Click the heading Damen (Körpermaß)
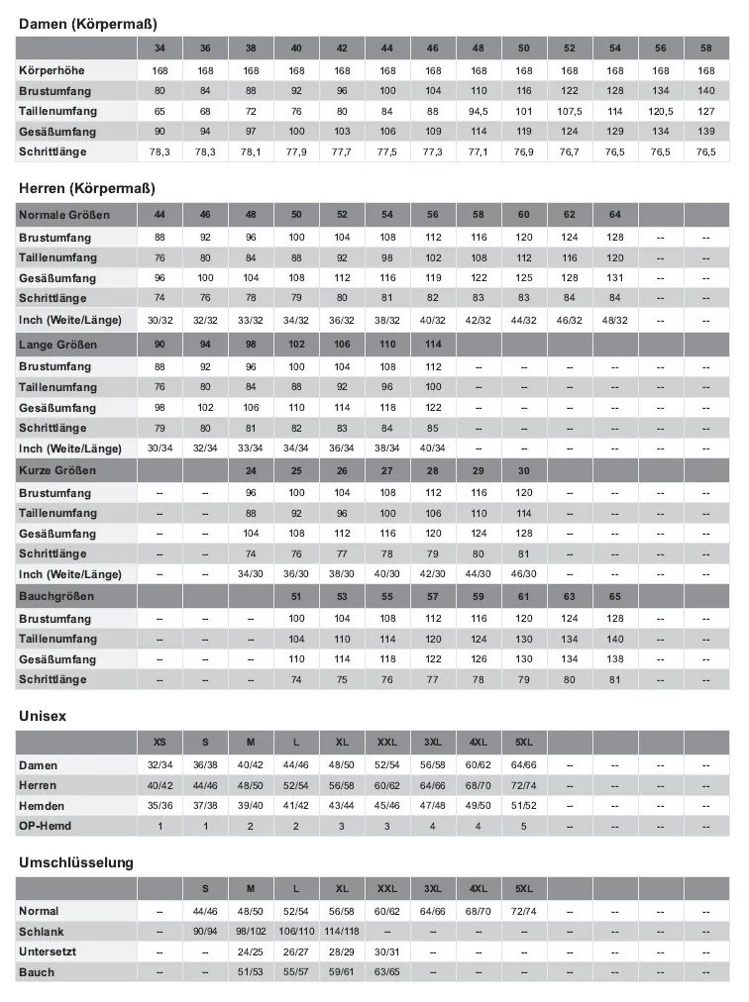tap(87, 23)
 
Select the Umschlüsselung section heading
tap(75, 862)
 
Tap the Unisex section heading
tap(43, 716)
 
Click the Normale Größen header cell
tap(64, 215)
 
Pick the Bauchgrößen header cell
tap(54, 596)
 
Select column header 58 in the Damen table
tap(705, 49)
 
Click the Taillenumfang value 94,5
tap(479, 111)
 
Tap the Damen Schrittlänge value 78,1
tap(251, 151)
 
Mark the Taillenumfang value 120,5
tap(660, 111)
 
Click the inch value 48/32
tap(614, 320)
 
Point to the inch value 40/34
tap(433, 448)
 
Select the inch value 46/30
tap(524, 574)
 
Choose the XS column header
tap(160, 743)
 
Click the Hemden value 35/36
tap(160, 806)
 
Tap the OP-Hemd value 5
tap(524, 826)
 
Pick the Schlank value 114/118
tap(342, 932)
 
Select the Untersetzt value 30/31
tap(387, 952)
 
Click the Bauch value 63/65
tap(387, 972)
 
